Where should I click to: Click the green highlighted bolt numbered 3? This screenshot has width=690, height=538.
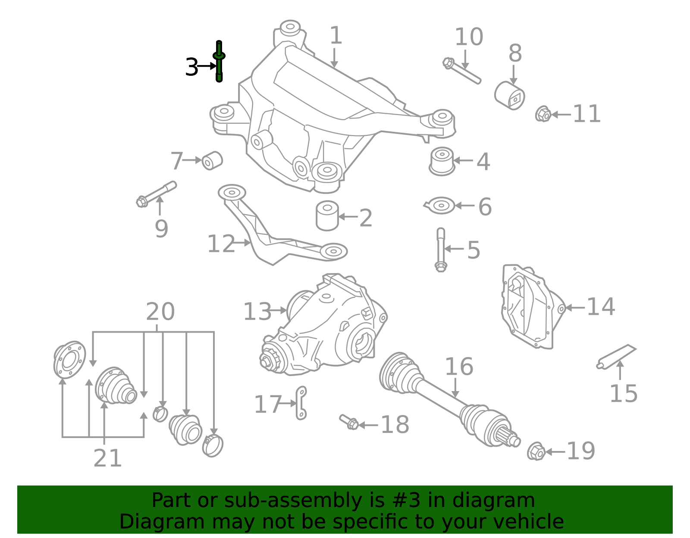(x=219, y=62)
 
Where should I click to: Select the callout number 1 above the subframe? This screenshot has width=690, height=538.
(x=336, y=35)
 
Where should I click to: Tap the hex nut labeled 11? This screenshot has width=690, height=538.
(x=543, y=114)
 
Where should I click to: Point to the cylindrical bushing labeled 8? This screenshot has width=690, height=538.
(x=509, y=96)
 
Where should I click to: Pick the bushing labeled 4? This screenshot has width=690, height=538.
(x=442, y=162)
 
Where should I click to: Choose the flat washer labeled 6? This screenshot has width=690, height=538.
(x=440, y=205)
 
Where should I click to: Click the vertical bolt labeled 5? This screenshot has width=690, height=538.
(x=441, y=250)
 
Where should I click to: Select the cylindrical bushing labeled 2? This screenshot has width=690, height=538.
(x=327, y=215)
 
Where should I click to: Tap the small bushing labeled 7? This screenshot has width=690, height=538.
(x=212, y=161)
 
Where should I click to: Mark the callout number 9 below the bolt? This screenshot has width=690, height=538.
(x=161, y=229)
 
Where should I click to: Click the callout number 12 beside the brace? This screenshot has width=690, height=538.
(x=221, y=244)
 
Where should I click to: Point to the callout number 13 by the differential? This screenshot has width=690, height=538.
(x=257, y=311)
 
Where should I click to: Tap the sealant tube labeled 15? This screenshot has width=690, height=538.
(x=616, y=357)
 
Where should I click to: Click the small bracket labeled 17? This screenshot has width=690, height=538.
(x=301, y=403)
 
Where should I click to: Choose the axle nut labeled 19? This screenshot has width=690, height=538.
(x=536, y=451)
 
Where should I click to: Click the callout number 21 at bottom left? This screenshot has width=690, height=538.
(x=107, y=458)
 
